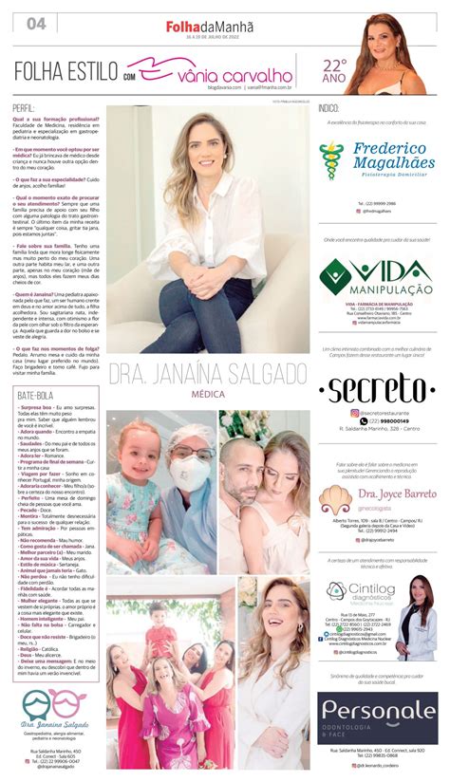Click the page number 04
coord(37,23)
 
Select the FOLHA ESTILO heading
coord(66,71)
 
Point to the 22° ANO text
coord(334,70)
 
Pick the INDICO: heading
coord(329,108)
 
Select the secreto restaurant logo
coord(377,389)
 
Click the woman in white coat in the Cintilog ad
coord(417,617)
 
